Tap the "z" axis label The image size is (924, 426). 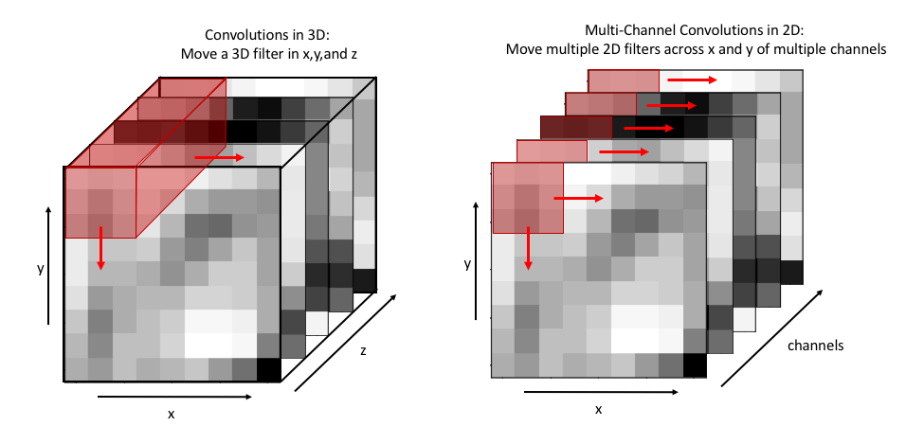(363, 351)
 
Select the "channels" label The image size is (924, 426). (815, 346)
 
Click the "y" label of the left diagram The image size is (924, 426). (40, 269)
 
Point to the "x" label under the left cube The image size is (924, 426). (172, 414)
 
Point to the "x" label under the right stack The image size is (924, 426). (598, 409)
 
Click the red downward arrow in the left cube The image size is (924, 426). (100, 251)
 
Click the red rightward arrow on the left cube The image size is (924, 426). (219, 156)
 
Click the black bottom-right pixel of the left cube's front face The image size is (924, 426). (269, 369)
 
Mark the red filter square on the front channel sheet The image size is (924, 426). (528, 197)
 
